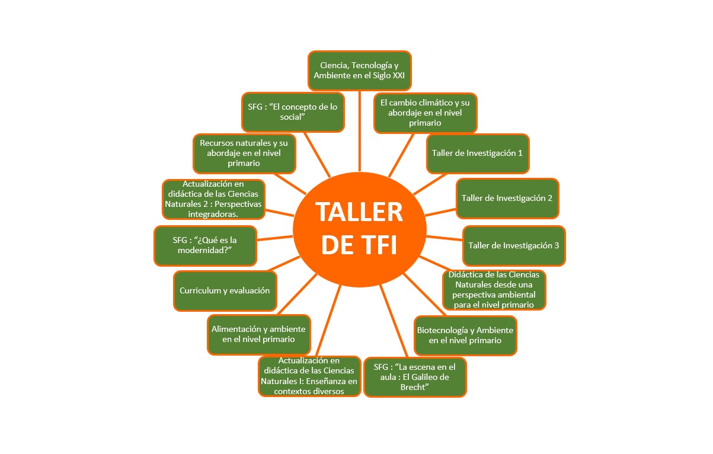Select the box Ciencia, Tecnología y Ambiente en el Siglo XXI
360,71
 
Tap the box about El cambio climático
426,113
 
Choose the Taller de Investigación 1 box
478,154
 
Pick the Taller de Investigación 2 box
507,198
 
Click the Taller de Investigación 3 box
514,246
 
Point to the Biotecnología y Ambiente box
465,335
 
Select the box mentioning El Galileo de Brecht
415,377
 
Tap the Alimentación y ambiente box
259,334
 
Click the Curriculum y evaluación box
225,291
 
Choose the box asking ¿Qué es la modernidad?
206,245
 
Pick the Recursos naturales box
245,154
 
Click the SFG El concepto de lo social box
293,112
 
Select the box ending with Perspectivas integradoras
213,199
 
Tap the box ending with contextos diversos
309,376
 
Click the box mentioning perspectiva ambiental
494,290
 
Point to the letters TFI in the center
360,245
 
